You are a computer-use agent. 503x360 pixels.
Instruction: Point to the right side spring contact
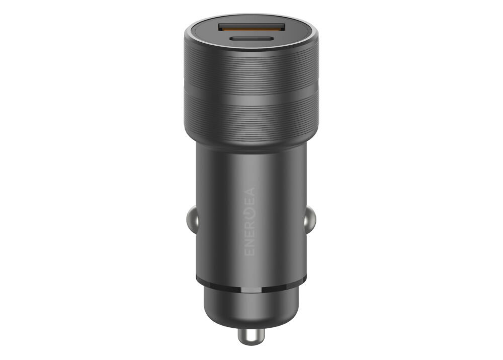tap(311, 220)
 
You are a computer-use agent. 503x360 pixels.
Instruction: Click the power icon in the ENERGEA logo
tap(250, 215)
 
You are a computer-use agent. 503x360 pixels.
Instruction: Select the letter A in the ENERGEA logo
tap(250, 193)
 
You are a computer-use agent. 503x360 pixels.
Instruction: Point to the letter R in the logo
tap(250, 226)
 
